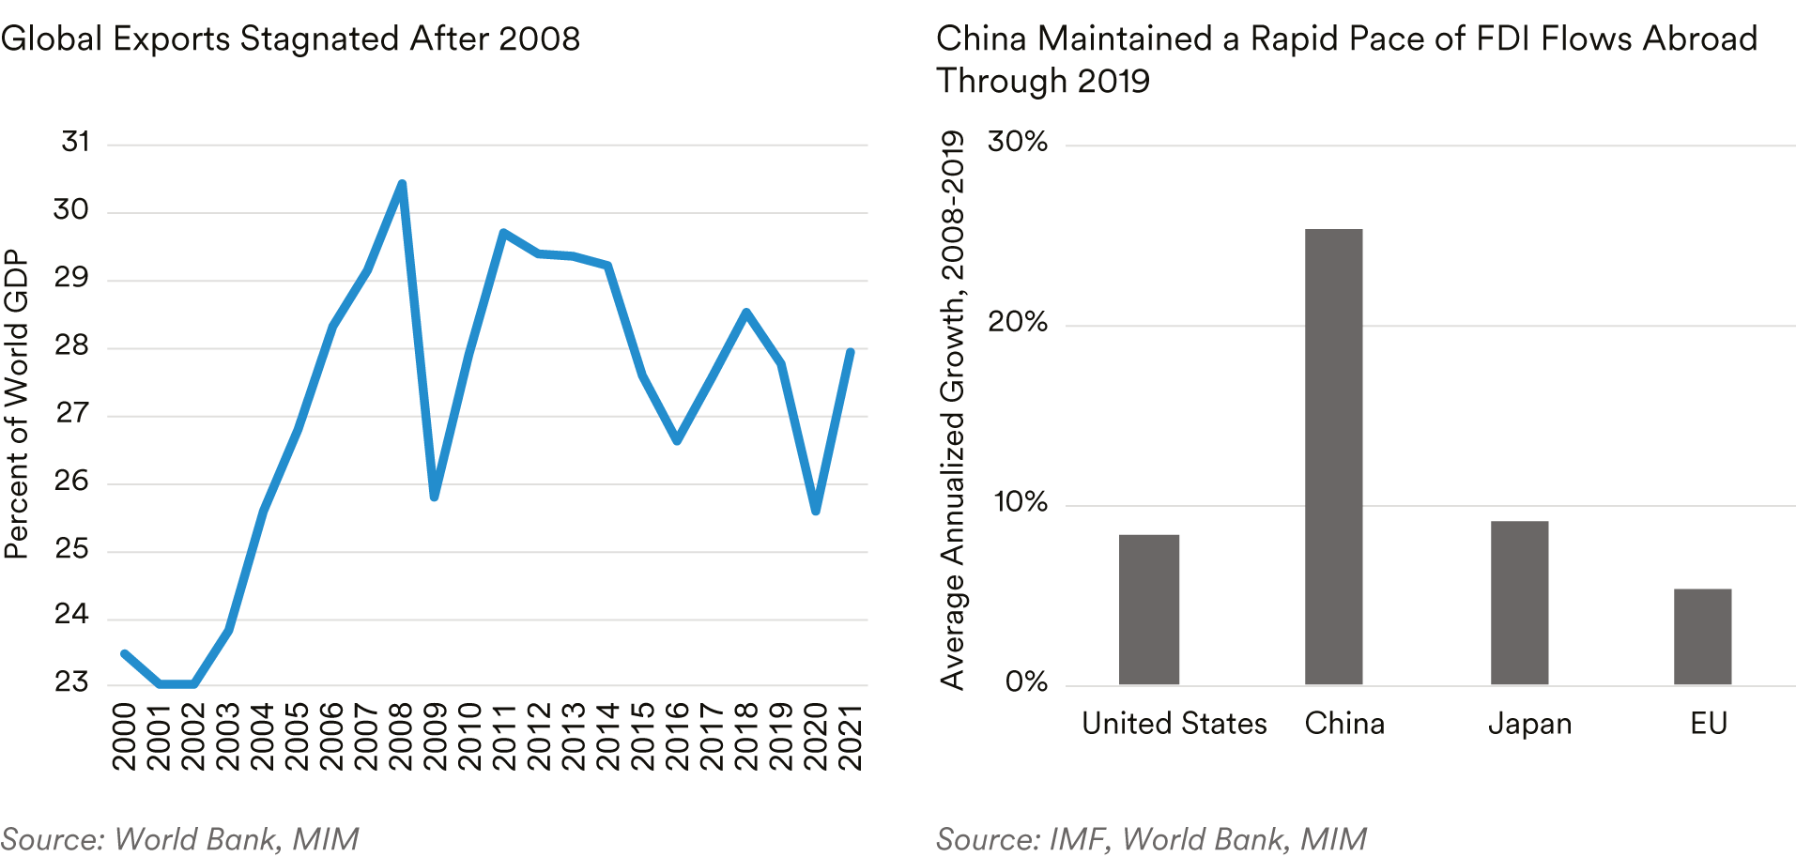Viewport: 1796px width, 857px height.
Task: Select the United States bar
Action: [x=1148, y=609]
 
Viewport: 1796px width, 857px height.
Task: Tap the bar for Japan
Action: [x=1519, y=603]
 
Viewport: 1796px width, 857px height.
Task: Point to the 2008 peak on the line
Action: [x=402, y=184]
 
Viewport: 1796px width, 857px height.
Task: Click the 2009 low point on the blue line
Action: [x=435, y=496]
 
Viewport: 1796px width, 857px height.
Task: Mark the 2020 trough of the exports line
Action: [x=816, y=511]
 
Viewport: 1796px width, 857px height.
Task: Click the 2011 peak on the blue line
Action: [x=503, y=232]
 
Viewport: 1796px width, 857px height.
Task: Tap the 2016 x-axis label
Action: [x=677, y=737]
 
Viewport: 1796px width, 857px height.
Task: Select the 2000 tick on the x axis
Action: [x=125, y=737]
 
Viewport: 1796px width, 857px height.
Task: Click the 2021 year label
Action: [x=850, y=737]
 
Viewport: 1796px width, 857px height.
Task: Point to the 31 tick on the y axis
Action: [x=75, y=143]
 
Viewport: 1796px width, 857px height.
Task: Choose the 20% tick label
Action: [x=1017, y=323]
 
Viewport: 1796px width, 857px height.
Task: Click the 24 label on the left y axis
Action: [x=71, y=615]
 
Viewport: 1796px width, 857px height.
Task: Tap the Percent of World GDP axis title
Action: [x=17, y=404]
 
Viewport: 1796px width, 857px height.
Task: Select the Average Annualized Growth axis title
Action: [x=953, y=410]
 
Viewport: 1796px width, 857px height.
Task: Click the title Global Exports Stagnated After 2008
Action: [x=290, y=39]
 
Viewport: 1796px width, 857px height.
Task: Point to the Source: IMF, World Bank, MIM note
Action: [x=1151, y=838]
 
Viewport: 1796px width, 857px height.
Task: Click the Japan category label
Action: [x=1529, y=724]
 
